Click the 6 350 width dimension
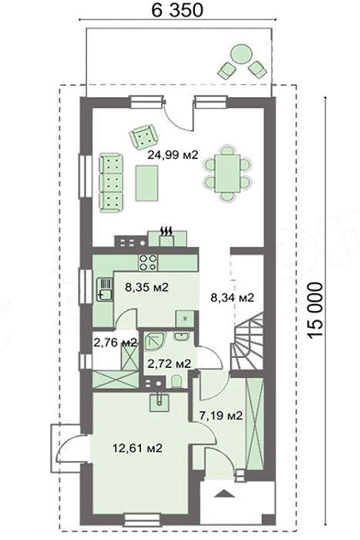(x=177, y=10)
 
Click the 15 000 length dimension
(x=315, y=310)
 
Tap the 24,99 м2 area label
(x=173, y=155)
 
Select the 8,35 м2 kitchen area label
(x=146, y=287)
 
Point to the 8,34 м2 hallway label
(x=232, y=297)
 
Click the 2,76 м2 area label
(x=116, y=343)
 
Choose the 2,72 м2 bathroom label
(x=169, y=363)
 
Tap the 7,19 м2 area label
(x=221, y=416)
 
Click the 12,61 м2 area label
(x=137, y=448)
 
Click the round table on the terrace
(x=241, y=54)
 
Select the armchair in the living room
(x=143, y=137)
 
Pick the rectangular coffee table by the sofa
(x=146, y=183)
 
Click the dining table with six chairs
(x=227, y=174)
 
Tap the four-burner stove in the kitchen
(x=148, y=263)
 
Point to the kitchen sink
(x=105, y=289)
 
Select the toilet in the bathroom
(x=177, y=382)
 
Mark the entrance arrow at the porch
(x=224, y=494)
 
